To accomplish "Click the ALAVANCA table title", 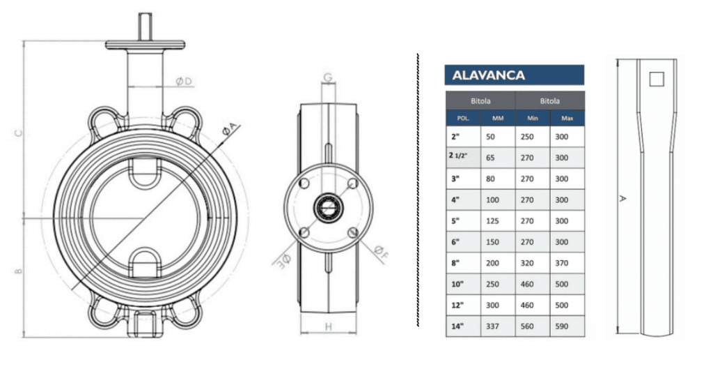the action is (488, 75).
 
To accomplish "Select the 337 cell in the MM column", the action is (492, 326).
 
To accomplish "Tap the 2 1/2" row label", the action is (458, 156).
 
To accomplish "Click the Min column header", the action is (533, 118).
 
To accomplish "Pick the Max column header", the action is (567, 118).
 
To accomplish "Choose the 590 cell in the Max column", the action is (562, 326).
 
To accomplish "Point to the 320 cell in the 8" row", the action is (527, 263).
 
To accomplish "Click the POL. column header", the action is (463, 118).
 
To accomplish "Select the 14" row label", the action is (457, 326).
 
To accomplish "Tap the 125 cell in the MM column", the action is (492, 221).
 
